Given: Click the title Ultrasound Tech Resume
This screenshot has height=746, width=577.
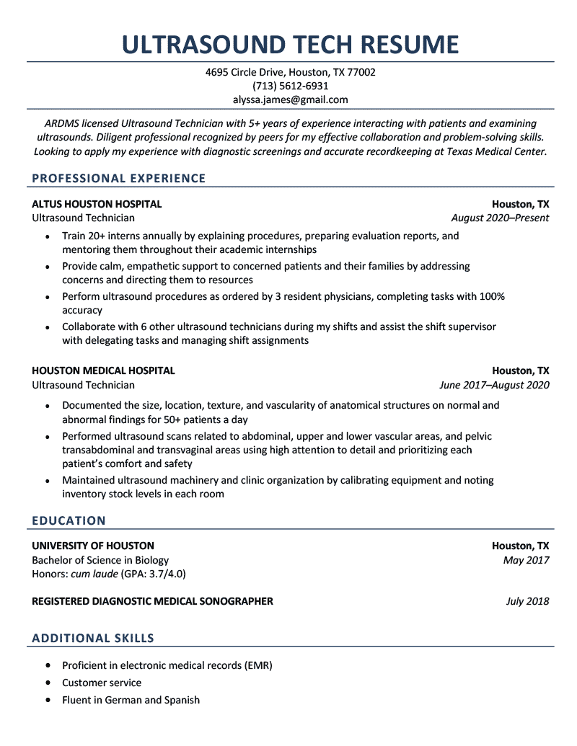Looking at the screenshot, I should click(290, 45).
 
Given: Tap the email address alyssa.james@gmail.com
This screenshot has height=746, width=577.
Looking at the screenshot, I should click(290, 99).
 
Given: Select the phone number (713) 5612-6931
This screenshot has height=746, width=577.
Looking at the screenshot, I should click(290, 86).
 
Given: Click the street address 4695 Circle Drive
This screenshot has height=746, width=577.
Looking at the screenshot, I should click(245, 72).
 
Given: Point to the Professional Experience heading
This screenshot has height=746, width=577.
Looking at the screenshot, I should click(119, 179).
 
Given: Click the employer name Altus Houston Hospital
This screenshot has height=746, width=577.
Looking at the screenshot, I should click(97, 204).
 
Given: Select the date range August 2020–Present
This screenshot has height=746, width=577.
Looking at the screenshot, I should click(500, 218).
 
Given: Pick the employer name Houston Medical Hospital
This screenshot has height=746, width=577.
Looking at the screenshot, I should click(103, 370).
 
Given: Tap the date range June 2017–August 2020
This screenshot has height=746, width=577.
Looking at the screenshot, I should click(494, 385).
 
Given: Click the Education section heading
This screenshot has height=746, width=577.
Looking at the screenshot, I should click(69, 520).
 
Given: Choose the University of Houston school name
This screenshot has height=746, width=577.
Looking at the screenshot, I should click(93, 546).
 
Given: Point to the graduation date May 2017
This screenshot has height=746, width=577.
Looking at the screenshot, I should click(527, 560).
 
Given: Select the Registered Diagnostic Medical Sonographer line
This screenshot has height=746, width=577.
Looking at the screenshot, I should click(152, 601).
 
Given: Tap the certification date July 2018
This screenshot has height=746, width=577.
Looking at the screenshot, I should click(527, 601).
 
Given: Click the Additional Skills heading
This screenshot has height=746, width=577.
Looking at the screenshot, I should click(93, 638).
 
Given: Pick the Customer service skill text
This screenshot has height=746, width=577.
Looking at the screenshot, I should click(102, 683).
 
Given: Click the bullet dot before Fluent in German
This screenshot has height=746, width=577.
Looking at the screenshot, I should click(48, 700).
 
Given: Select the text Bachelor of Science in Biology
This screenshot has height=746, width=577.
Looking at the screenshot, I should click(100, 560).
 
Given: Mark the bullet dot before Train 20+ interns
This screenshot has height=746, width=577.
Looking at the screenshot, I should click(48, 236).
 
